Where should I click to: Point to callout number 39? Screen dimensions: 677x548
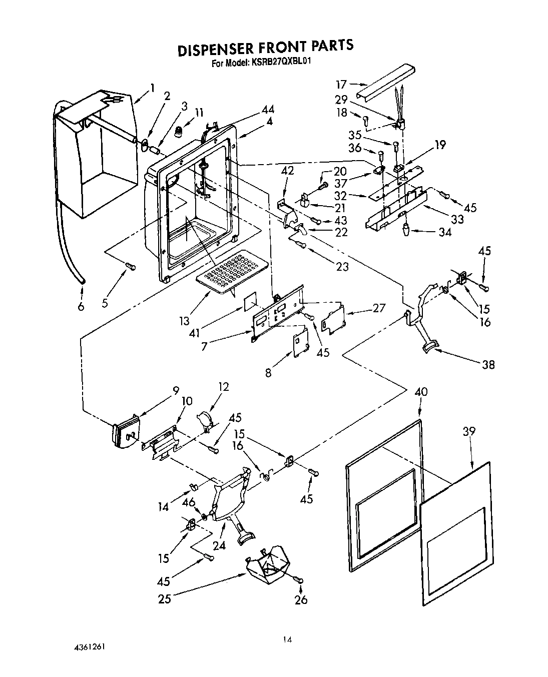tap(469, 431)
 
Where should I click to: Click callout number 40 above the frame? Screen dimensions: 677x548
tap(421, 392)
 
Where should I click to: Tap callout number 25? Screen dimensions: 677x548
tap(165, 598)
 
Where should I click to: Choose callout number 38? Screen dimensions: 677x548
tap(488, 364)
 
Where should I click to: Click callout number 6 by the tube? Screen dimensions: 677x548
tap(81, 306)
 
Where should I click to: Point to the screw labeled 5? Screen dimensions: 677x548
tap(131, 267)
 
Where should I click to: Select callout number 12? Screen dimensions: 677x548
tap(223, 386)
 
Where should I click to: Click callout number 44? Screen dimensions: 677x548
tap(268, 110)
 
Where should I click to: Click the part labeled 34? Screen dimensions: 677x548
tap(405, 231)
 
